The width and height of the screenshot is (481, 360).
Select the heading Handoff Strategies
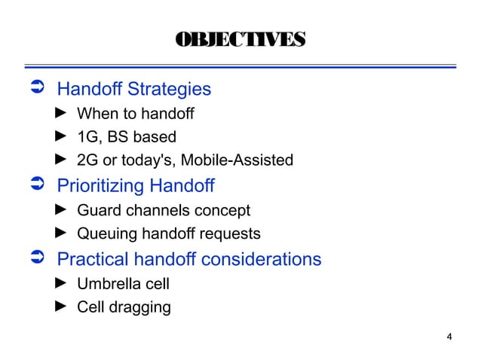pos(134,90)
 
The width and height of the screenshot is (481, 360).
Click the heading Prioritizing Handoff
pos(136,185)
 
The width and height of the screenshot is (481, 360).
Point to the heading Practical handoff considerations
pos(189,260)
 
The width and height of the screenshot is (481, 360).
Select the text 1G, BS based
pos(127,137)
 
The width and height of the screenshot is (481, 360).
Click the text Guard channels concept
pos(164,210)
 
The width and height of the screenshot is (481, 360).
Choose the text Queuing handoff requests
pos(169,233)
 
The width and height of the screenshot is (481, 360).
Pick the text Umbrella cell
pos(124,284)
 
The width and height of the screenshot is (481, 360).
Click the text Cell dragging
pos(124,307)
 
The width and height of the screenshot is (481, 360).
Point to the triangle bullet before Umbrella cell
pos(63,284)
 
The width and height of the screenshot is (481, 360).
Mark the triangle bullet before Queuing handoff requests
pos(63,233)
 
